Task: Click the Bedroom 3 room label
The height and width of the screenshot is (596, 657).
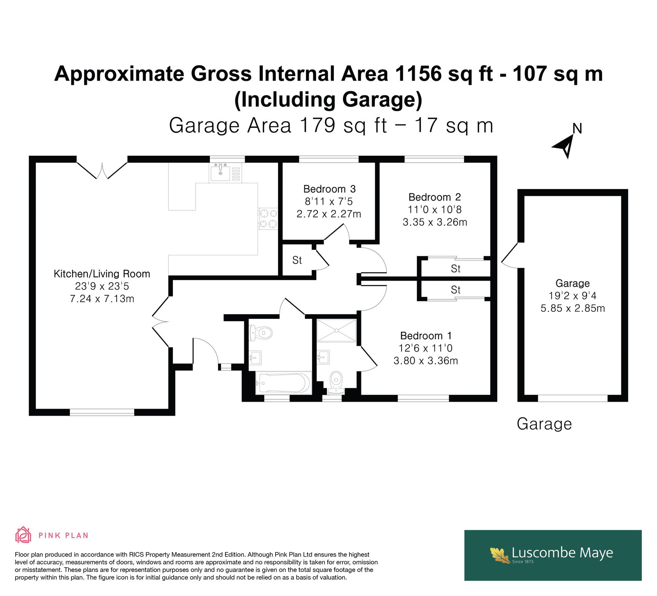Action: tap(329, 189)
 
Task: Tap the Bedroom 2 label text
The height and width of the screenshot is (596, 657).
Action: tap(434, 197)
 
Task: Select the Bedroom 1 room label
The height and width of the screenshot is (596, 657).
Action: tap(426, 336)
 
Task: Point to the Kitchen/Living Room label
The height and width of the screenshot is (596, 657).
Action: tap(102, 274)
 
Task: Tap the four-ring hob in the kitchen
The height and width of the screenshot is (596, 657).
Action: tap(268, 219)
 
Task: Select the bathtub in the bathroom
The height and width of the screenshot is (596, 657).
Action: tap(283, 383)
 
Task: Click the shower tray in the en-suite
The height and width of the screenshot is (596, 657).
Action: tap(337, 330)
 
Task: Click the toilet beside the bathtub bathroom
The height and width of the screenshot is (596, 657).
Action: tap(261, 332)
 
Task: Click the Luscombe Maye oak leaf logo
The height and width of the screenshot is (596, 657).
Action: tap(500, 555)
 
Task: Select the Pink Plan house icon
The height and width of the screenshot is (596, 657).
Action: tap(23, 535)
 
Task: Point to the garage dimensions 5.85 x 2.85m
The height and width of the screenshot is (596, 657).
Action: tap(572, 308)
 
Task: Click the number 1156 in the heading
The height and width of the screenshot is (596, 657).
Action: tap(418, 74)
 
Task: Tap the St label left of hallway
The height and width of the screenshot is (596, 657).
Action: tap(297, 260)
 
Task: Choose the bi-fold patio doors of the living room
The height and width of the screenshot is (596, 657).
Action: tap(102, 169)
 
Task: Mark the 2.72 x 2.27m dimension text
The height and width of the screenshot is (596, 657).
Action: tap(329, 214)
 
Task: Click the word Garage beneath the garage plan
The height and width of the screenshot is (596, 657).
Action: tap(544, 423)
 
